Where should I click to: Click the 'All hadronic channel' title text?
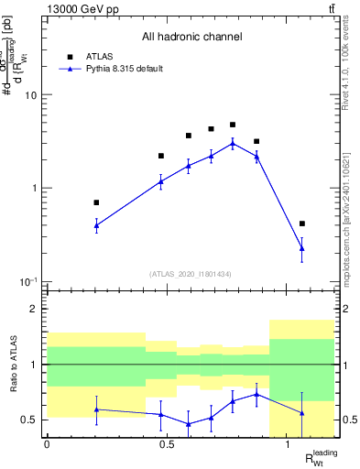click(x=191, y=38)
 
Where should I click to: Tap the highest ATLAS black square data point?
click(x=233, y=125)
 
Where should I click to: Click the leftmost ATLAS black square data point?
click(x=96, y=202)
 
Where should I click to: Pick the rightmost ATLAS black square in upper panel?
click(x=302, y=224)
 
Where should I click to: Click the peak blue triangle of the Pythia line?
click(x=233, y=143)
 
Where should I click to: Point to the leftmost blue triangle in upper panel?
click(x=96, y=224)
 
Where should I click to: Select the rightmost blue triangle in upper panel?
click(x=302, y=248)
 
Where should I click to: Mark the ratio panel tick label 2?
click(x=36, y=310)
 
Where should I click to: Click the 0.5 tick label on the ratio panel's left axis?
click(x=32, y=420)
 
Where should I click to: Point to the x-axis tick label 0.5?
click(x=167, y=444)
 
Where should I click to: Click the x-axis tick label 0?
click(x=47, y=444)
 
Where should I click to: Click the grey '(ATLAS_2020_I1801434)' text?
click(x=191, y=274)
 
